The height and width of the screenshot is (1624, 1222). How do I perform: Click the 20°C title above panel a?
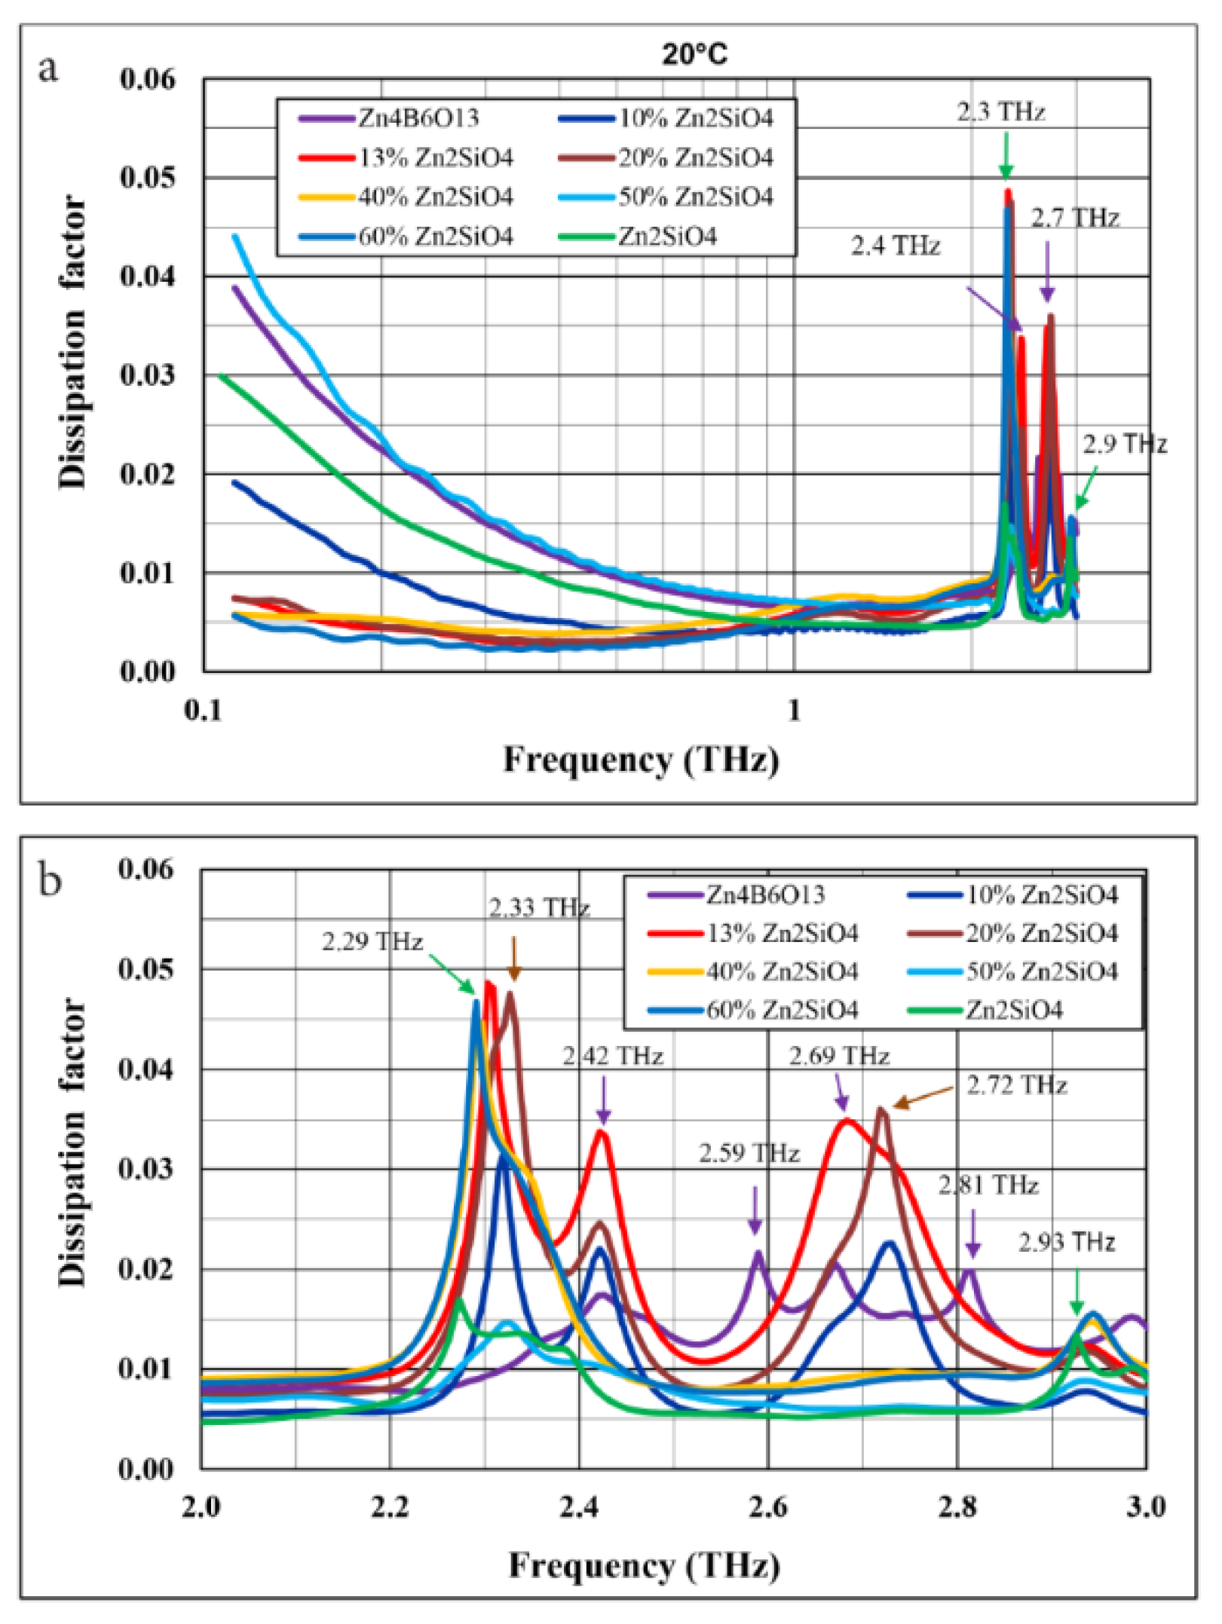tap(694, 54)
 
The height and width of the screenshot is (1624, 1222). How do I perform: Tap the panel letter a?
tap(48, 69)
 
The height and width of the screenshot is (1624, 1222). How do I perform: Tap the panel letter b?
tap(50, 880)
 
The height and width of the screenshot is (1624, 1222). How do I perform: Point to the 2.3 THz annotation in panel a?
tap(1000, 112)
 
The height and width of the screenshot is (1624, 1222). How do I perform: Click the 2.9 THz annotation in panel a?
tap(1125, 445)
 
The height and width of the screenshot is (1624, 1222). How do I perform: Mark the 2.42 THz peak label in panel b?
tap(613, 1057)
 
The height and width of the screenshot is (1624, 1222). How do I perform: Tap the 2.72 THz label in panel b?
tap(1017, 1086)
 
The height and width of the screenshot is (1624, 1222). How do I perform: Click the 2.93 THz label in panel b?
tap(1066, 1242)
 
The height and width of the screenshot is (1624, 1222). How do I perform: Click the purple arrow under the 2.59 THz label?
tap(755, 1210)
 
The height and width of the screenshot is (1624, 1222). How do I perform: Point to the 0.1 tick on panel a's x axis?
tap(204, 711)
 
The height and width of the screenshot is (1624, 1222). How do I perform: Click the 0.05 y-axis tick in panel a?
tap(148, 178)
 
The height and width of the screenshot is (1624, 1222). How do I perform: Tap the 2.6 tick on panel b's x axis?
tap(767, 1507)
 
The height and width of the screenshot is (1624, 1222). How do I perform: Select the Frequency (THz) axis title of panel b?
tap(644, 1566)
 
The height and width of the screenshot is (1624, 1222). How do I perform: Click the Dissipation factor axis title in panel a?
tap(73, 343)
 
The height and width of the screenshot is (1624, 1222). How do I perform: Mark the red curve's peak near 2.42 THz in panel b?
tap(601, 1131)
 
